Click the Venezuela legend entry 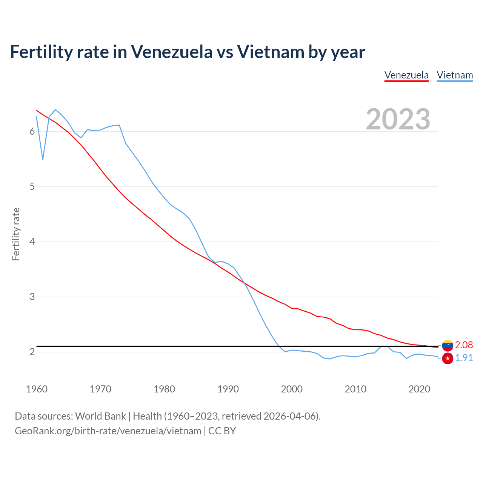tap(406, 75)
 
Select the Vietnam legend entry tap(455, 75)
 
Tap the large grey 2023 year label tap(398, 119)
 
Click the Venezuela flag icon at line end tap(448, 345)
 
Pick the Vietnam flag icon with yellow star tap(448, 358)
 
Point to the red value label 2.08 tap(464, 345)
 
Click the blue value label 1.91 tap(464, 358)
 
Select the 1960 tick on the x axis tap(37, 389)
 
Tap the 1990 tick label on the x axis tap(228, 389)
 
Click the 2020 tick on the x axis tap(419, 389)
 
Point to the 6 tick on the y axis tap(32, 131)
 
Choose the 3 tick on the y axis tap(32, 297)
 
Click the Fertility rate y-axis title tap(16, 234)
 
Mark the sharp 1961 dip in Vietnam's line tap(43, 159)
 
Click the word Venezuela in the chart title tap(172, 52)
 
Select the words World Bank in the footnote tap(100, 416)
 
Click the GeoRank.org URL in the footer tap(108, 431)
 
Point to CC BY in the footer tap(222, 431)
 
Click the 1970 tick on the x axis tap(100, 389)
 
